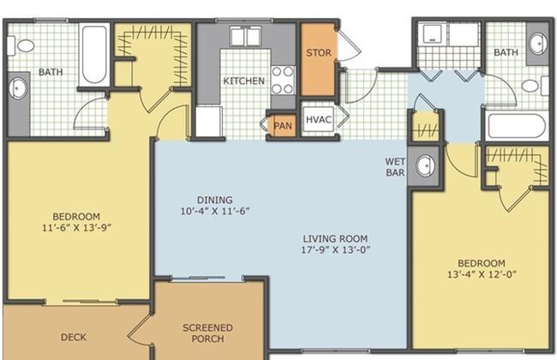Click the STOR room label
pos(318,53)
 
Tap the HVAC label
pos(319,120)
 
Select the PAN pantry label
pos(283,126)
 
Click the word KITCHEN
pos(243,81)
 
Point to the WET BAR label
pos(395,167)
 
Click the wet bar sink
pos(425,165)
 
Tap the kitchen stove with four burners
pos(283,81)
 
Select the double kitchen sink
pos(246,37)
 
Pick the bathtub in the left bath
pos(94,54)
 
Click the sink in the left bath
pos(17,88)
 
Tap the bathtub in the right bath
pos(517,126)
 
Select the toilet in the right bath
pos(535,86)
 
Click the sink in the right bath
pos(538,44)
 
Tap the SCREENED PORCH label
pos(208,333)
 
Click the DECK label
pos(74,337)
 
